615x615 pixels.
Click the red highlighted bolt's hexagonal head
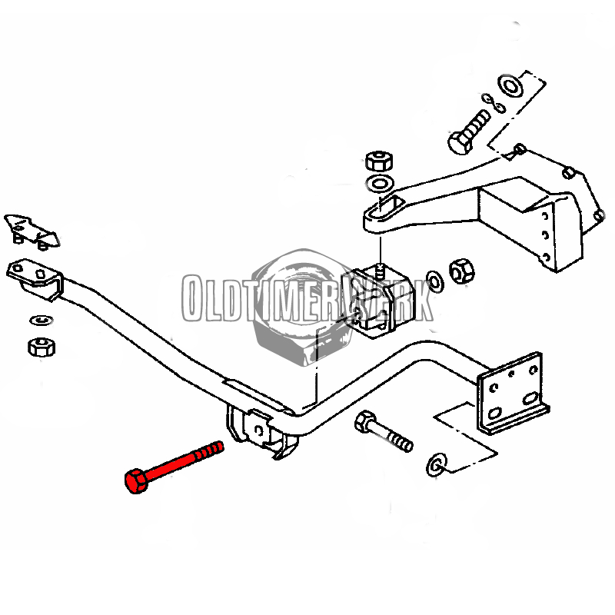(x=136, y=480)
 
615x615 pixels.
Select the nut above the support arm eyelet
(x=379, y=161)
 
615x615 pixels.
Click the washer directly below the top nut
(x=379, y=183)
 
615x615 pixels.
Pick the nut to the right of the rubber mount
(x=462, y=271)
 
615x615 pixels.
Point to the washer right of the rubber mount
(x=434, y=281)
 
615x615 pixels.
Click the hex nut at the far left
(x=42, y=347)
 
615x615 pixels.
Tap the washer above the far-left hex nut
(x=42, y=321)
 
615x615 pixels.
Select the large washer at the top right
(x=510, y=86)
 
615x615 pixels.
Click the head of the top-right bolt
(x=459, y=144)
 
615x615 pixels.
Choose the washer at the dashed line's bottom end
(x=437, y=465)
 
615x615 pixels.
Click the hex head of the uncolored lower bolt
(x=365, y=421)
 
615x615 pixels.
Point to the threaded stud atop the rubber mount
(x=379, y=271)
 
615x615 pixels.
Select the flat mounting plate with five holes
(x=512, y=392)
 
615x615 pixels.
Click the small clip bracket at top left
(x=32, y=232)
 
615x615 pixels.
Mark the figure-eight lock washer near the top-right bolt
(x=493, y=103)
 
